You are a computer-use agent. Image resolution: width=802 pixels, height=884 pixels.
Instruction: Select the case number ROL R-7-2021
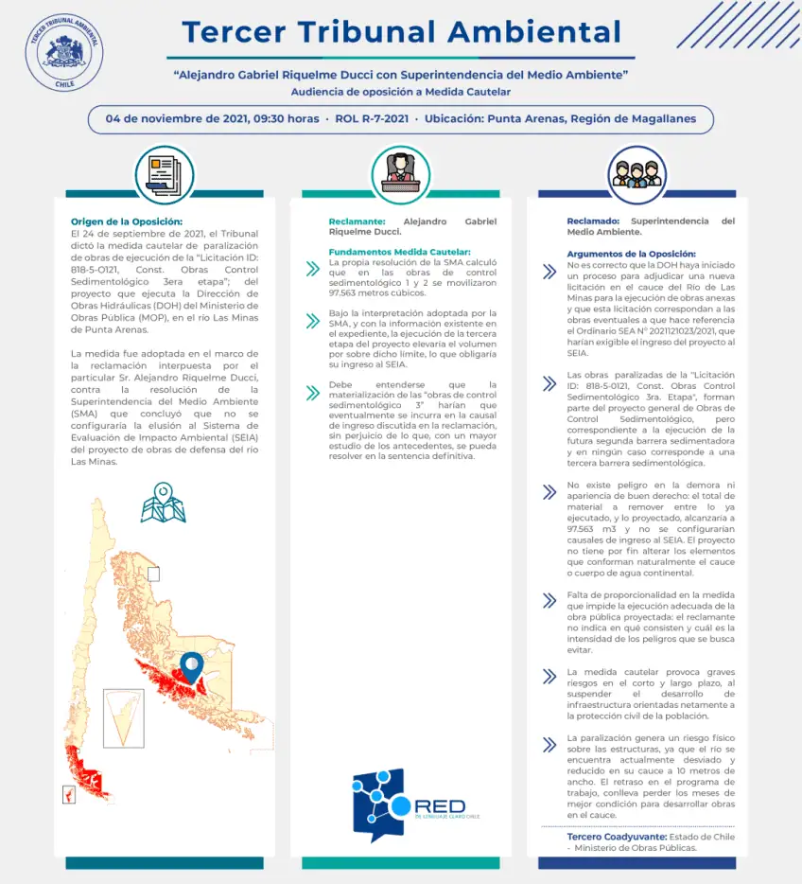point(372,119)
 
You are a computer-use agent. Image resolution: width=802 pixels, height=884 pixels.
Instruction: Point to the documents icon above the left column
point(164,171)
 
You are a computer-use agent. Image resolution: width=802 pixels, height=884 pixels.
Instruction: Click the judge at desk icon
point(401,171)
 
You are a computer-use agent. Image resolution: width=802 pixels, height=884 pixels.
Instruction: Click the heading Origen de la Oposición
point(126,221)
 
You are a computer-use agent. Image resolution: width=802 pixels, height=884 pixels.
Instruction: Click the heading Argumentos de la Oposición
point(631,254)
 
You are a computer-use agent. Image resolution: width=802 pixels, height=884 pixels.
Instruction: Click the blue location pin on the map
point(193,667)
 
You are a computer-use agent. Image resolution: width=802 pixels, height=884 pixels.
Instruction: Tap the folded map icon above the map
point(163,504)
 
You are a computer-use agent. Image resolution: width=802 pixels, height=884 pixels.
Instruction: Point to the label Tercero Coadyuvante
point(616,837)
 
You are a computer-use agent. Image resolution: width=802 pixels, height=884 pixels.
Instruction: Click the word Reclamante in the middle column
point(356,221)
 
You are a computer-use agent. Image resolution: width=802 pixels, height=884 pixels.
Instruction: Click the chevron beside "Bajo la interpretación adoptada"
point(312,322)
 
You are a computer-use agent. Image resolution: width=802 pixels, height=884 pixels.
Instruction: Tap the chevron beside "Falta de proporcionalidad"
point(549,600)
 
